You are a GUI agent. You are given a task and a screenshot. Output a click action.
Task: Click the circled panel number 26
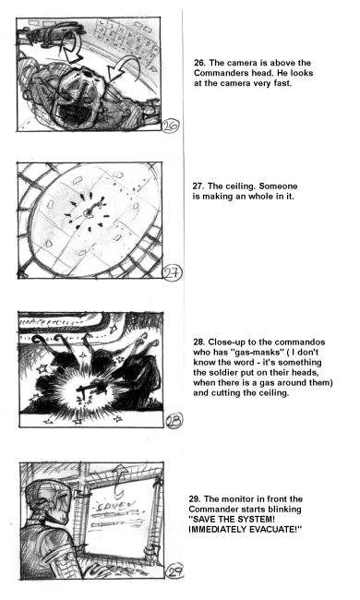pos(171,126)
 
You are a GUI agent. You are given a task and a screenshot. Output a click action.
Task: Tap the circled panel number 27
pos(173,273)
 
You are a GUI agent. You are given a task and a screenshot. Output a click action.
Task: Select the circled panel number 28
pos(174,420)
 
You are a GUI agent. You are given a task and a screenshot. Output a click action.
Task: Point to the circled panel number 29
pos(174,570)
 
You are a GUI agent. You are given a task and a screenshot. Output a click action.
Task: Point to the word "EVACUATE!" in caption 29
pos(275,530)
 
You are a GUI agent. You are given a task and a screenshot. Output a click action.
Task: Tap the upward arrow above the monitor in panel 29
pos(121,480)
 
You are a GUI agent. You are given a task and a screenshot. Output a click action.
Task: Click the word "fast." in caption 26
pos(282,83)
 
